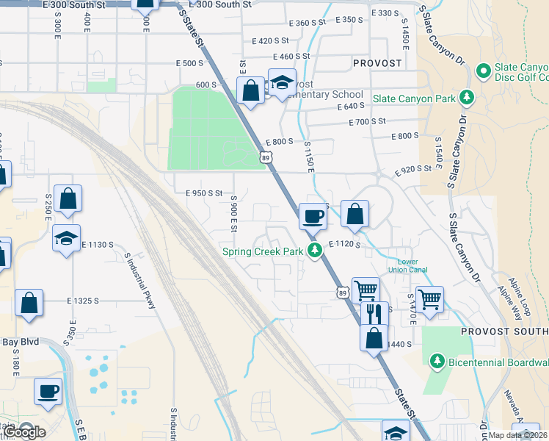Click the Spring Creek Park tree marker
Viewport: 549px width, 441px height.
click(315, 251)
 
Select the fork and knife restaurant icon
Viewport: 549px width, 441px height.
click(375, 314)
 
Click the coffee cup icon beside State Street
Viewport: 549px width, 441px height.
click(313, 216)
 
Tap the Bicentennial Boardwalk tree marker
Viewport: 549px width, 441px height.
click(437, 361)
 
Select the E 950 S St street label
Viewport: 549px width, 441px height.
click(203, 193)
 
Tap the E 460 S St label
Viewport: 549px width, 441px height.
click(291, 57)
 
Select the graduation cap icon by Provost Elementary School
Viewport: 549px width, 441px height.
click(281, 83)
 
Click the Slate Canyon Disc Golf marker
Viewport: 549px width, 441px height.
click(483, 71)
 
